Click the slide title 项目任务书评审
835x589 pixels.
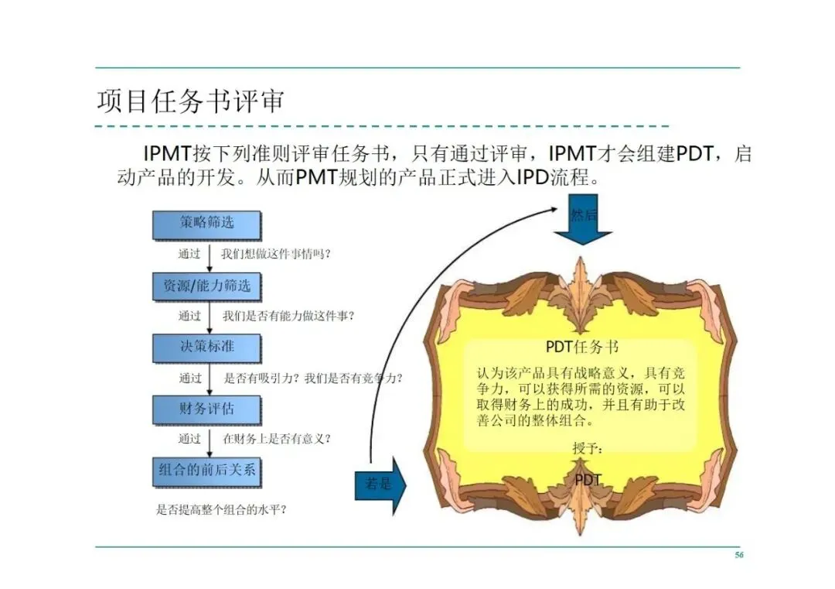point(190,101)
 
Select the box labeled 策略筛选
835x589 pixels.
point(206,223)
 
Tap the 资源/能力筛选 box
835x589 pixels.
point(206,286)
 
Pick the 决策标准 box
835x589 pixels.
point(206,347)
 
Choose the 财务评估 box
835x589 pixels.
point(206,409)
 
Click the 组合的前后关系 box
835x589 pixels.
point(206,470)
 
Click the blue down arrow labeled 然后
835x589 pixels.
point(583,221)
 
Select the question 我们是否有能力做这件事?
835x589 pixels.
point(294,316)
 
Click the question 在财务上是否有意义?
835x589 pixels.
point(278,439)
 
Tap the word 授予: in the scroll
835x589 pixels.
point(587,449)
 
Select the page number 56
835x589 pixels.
point(738,555)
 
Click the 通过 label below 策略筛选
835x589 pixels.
point(189,254)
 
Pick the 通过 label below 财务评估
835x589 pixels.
point(189,439)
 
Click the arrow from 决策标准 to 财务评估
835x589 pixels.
point(210,378)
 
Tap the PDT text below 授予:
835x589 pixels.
point(588,480)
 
